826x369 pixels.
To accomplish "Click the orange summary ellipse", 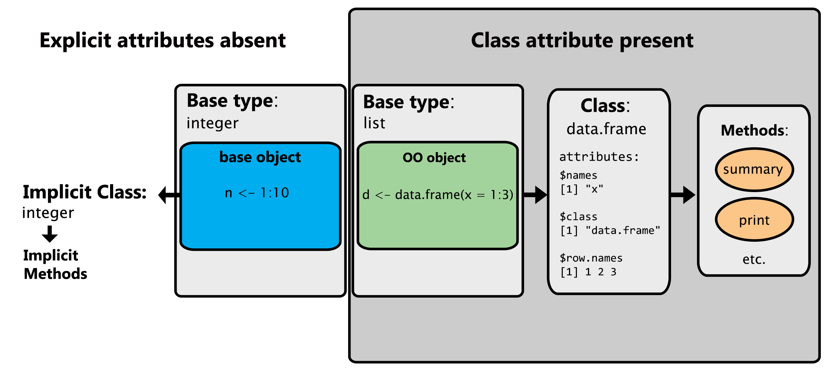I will [754, 170].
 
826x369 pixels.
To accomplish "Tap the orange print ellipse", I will [754, 220].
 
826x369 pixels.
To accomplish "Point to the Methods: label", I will [754, 131].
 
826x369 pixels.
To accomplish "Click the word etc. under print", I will [754, 259].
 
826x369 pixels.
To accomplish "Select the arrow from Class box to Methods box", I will [683, 195].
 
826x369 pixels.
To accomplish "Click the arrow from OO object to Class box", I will [535, 195].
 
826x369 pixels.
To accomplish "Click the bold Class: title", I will [605, 106].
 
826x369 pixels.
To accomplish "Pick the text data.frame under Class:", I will [606, 129].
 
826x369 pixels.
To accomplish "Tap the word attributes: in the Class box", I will [599, 157].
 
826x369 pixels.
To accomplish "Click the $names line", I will [578, 176].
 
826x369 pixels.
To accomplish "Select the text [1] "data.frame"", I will [610, 230].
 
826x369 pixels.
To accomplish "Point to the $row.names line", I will [591, 258].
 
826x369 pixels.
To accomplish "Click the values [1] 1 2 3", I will [588, 272].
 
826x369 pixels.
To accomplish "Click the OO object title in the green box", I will [434, 158].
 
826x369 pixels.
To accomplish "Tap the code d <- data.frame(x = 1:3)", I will [437, 195].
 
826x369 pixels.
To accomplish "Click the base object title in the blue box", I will [260, 157].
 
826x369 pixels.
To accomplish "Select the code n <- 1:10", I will [257, 193].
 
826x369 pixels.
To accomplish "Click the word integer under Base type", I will [212, 123].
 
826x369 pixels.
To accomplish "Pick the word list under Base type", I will [374, 123].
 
